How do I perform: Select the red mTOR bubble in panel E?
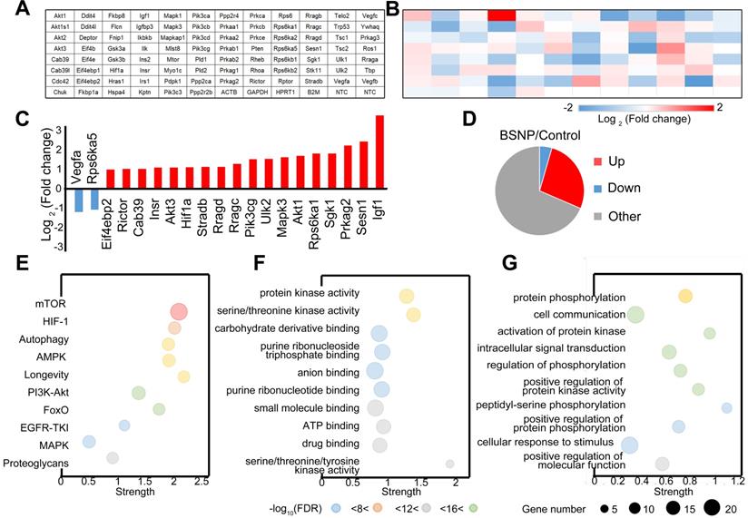pyautogui.click(x=178, y=312)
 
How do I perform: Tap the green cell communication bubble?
pyautogui.click(x=635, y=315)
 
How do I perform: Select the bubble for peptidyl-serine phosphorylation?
pyautogui.click(x=726, y=407)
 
